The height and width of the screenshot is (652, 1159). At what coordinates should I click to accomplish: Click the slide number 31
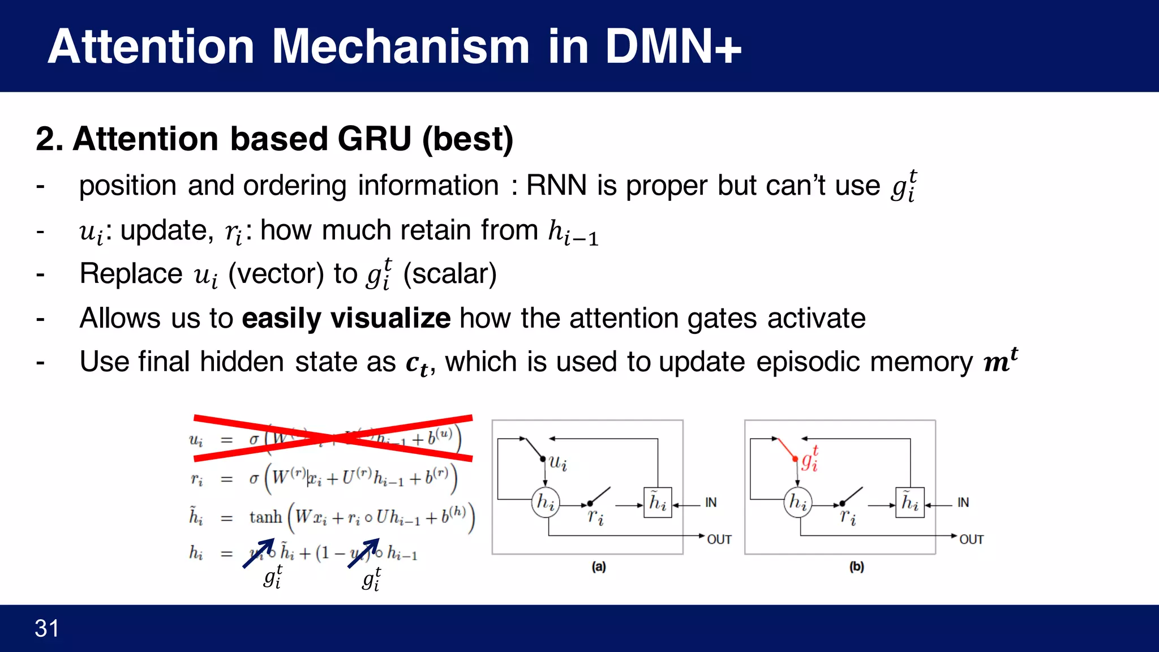(46, 628)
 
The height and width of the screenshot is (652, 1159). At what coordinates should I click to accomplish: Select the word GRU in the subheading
(374, 139)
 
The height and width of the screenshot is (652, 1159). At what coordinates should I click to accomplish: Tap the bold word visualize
(390, 318)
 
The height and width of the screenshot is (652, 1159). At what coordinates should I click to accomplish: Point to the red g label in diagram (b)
(809, 459)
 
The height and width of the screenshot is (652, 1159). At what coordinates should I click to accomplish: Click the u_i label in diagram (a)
(557, 462)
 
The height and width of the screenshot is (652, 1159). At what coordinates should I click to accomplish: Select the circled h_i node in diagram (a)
(546, 502)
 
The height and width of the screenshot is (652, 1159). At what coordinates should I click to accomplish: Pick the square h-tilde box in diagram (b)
(910, 503)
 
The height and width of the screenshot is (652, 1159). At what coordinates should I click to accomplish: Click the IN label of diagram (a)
(711, 503)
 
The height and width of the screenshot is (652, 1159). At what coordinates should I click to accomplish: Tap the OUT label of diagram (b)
(971, 540)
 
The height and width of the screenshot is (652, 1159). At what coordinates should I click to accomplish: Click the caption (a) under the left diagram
(599, 567)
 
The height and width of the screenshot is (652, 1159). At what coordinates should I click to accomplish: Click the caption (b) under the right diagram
(856, 567)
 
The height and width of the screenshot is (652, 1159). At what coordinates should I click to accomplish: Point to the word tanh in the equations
(265, 517)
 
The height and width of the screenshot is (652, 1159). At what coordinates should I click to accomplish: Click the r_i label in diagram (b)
(848, 516)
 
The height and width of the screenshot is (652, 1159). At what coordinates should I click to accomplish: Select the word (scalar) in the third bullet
(450, 274)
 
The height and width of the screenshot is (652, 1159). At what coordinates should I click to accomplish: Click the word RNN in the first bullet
(556, 186)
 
